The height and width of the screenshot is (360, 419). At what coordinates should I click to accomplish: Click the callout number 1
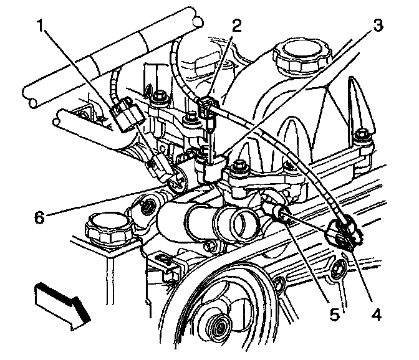click(41, 26)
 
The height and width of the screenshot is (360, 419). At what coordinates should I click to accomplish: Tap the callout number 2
click(236, 26)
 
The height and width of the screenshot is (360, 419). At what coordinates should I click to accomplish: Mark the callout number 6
click(39, 217)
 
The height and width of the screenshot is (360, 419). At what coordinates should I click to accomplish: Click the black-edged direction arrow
click(62, 306)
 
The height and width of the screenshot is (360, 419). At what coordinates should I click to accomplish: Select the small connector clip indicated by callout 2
click(206, 108)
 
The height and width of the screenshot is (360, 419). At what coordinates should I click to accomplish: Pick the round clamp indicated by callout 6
click(178, 181)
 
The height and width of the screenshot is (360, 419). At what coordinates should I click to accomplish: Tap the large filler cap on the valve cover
click(302, 55)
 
